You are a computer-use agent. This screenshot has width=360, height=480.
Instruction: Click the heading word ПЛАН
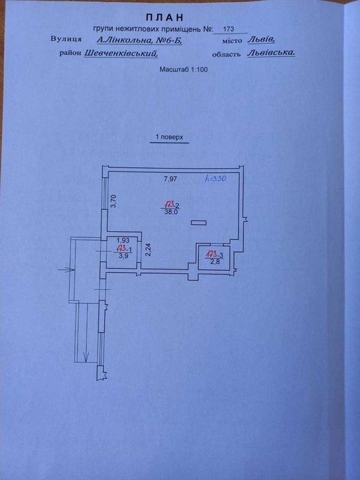tap(165, 17)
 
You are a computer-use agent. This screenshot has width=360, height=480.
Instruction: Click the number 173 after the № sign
tap(228, 29)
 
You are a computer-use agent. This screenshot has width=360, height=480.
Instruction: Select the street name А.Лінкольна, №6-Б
tap(140, 40)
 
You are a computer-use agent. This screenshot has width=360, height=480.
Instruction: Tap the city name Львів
tap(262, 40)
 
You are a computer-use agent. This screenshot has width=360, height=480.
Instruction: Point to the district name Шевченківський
tap(121, 53)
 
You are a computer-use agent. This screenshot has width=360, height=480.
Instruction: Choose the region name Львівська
tap(272, 53)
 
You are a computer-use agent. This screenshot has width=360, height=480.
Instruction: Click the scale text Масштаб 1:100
tap(183, 69)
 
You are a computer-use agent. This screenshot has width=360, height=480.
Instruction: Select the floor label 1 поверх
tap(169, 137)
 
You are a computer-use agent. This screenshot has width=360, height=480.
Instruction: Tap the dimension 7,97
tap(170, 179)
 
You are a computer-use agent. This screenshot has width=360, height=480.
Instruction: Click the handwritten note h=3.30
tap(215, 178)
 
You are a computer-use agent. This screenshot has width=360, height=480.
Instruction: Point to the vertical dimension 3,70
tap(114, 202)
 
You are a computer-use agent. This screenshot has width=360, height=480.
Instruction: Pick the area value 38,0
tap(171, 212)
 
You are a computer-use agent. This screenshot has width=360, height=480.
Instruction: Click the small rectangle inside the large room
tap(198, 223)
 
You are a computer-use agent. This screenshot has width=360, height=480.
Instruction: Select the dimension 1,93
tap(123, 241)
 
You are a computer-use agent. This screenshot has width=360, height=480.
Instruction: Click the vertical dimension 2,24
tap(149, 250)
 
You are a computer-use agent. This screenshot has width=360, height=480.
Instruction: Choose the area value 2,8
tap(215, 261)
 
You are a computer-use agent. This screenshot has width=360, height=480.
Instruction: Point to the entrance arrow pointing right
tap(67, 269)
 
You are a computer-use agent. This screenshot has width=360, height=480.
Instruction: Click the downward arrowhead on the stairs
tap(86, 357)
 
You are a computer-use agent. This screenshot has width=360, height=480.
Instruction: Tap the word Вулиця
tap(66, 39)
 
